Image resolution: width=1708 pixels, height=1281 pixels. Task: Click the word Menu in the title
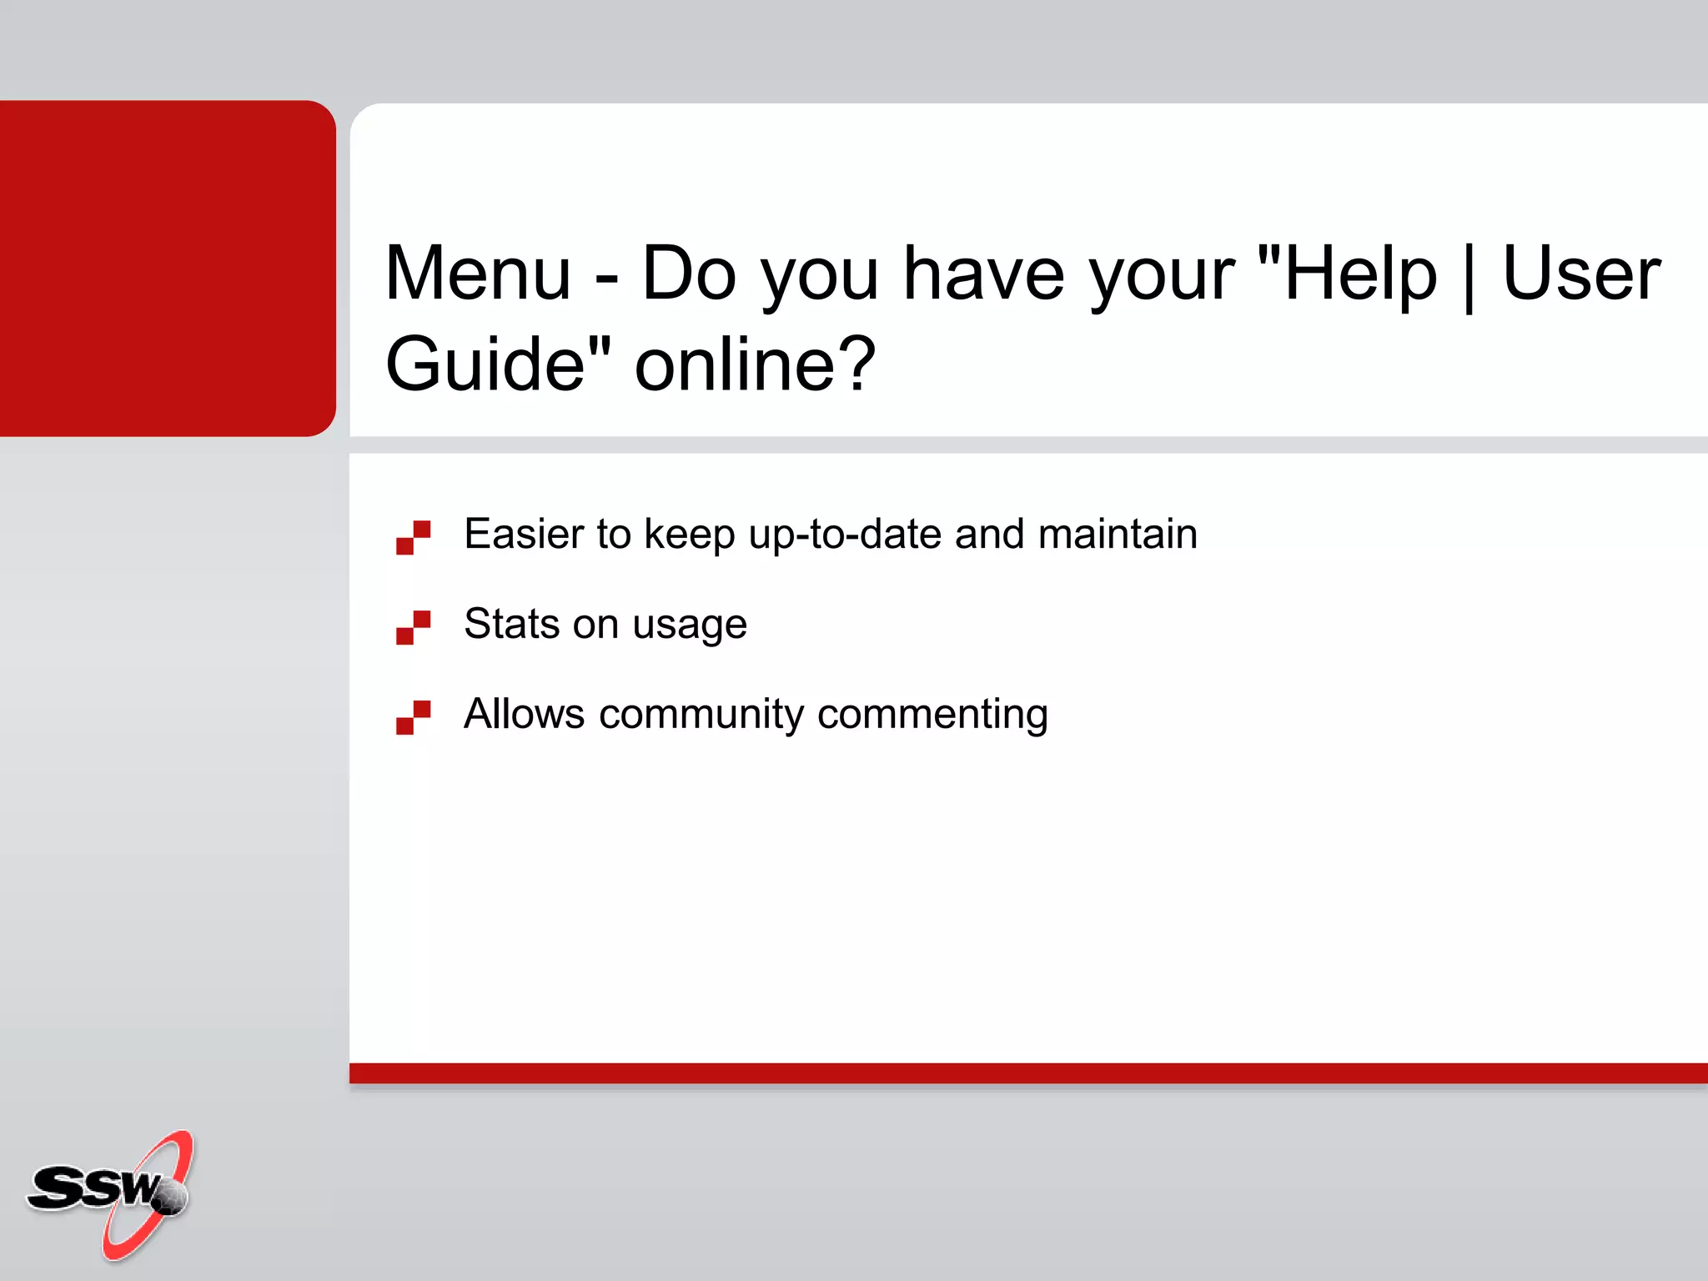478,274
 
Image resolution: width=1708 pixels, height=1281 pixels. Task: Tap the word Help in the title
1360,274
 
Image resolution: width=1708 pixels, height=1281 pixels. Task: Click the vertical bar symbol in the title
1469,276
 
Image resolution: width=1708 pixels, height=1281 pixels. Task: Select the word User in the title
1581,274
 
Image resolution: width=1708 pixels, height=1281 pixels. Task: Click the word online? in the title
755,364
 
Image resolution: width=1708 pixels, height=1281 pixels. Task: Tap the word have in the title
984,274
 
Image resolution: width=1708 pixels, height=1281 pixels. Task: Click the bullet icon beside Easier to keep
413,538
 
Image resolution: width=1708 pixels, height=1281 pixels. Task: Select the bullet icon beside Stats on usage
413,627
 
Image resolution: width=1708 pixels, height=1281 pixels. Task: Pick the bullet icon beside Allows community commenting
413,717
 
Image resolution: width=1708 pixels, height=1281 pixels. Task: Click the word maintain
1118,534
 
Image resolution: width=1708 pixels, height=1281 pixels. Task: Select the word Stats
511,624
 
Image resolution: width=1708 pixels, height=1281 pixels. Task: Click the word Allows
524,714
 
